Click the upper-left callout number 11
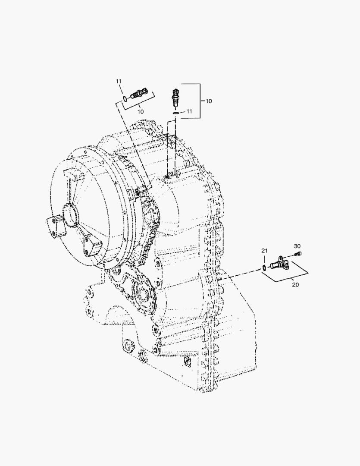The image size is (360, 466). pos(119,81)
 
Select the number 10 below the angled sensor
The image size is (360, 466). pos(140,111)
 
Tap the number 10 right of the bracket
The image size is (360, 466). pos(209,101)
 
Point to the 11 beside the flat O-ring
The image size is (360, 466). pos(189,111)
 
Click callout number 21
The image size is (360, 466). pos(264,251)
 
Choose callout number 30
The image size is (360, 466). pos(297,246)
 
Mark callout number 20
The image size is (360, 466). pos(295,285)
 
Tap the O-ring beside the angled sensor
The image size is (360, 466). pos(125,99)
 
